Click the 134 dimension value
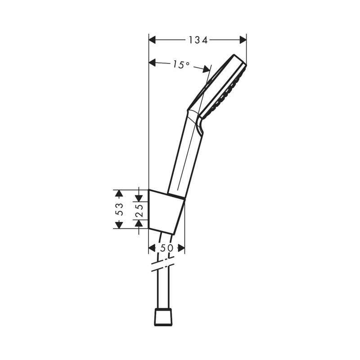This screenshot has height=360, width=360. (198, 40)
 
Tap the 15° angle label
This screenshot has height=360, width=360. (181, 65)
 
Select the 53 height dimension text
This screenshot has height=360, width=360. (119, 209)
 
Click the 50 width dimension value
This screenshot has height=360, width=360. (166, 248)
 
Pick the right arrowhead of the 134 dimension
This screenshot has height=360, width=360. (243, 40)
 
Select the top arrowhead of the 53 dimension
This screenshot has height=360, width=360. (119, 193)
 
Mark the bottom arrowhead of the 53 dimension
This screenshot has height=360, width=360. (119, 225)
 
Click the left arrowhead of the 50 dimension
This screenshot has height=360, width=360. (152, 248)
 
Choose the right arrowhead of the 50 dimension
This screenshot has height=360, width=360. (181, 248)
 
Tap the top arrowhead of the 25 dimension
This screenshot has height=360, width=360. (139, 196)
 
